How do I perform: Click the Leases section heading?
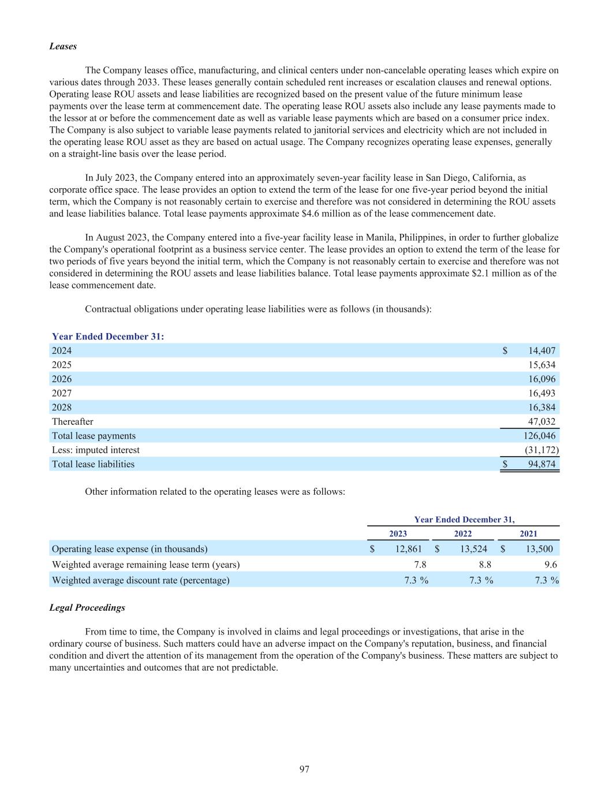(63, 46)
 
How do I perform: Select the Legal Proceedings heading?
(87, 608)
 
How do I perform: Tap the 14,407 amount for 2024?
(541, 350)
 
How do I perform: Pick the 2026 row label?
(62, 379)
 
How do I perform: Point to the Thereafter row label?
(72, 421)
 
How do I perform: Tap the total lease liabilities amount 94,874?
(541, 464)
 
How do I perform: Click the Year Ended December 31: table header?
(108, 337)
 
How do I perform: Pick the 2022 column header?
(463, 534)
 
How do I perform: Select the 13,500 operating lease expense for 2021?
(539, 549)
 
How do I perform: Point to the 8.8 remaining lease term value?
(485, 565)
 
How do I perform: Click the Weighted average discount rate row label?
(140, 580)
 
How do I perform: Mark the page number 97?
(305, 769)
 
